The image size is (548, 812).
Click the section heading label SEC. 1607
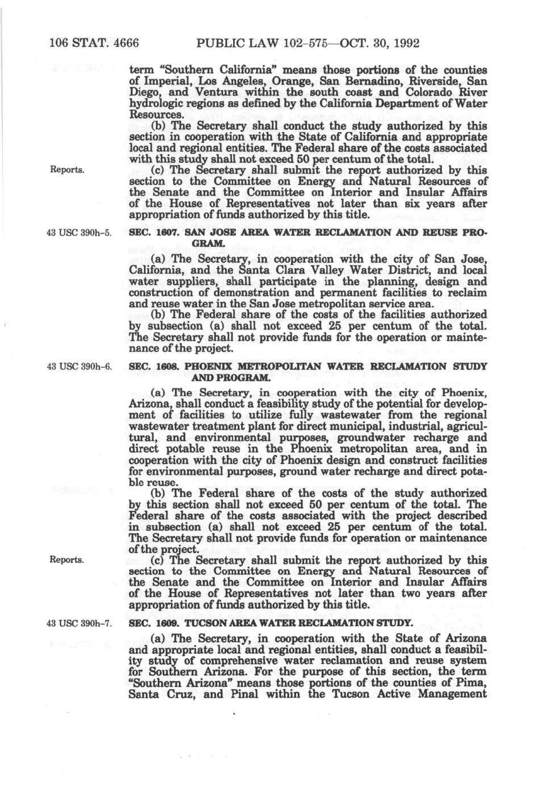[148, 233]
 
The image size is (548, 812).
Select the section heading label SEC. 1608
[148, 366]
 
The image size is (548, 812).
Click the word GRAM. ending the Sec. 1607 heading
[206, 244]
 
